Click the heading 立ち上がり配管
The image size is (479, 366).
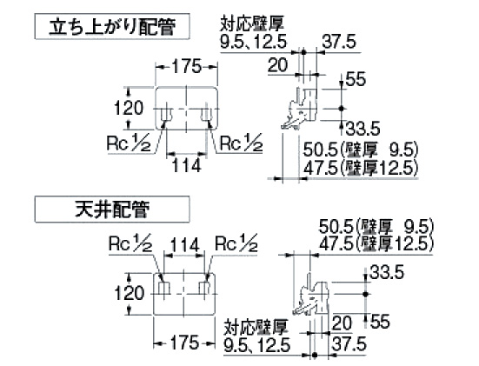tap(112, 27)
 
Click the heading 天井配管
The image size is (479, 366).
tap(112, 210)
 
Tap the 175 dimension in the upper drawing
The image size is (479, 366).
tap(187, 66)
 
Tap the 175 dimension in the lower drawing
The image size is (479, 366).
tap(184, 343)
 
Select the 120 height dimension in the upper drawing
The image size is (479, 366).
tap(129, 108)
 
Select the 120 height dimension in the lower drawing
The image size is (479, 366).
tap(129, 293)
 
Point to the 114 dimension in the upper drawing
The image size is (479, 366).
tap(187, 165)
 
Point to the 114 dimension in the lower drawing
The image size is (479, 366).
tap(184, 245)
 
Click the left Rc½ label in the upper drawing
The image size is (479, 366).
tap(129, 143)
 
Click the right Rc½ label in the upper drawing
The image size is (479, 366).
tap(241, 143)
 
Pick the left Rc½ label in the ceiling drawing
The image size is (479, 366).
tap(130, 243)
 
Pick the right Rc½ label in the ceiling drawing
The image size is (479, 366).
tap(236, 243)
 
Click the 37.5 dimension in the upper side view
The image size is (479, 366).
tap(339, 41)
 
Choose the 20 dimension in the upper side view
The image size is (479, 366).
tap(277, 65)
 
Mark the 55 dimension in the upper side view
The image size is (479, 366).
tap(356, 79)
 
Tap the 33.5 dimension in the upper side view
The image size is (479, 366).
tap(363, 128)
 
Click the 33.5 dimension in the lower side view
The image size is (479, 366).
tap(387, 271)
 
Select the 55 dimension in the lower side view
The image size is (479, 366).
tap(380, 322)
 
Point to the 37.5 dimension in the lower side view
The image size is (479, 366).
tap(349, 343)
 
